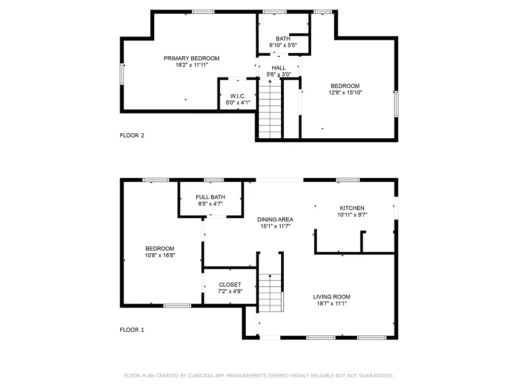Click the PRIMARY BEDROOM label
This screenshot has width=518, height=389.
click(191, 58)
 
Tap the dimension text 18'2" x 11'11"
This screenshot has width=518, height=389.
click(191, 65)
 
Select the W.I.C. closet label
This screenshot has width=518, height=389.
click(238, 96)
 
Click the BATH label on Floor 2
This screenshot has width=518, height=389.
click(283, 39)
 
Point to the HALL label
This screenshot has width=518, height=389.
click(279, 68)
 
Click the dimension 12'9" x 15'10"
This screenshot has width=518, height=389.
click(345, 92)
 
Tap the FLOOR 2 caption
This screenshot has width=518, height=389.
click(132, 135)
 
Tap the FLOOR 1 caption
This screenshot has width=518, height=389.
click(132, 330)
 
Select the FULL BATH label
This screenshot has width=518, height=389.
click(210, 197)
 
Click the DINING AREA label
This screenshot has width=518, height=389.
click(275, 219)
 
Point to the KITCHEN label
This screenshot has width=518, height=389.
click(352, 208)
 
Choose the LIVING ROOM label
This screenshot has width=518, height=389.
click(331, 297)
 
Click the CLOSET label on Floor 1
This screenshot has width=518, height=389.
click(230, 285)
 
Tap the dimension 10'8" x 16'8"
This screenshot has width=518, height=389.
click(160, 255)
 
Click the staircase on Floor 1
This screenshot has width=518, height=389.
click(270, 293)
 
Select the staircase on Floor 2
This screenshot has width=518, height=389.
click(270, 109)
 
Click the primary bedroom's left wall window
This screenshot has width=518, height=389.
click(121, 73)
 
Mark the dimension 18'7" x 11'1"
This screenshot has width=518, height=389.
click(331, 303)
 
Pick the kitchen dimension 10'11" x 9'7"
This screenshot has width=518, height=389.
click(352, 215)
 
